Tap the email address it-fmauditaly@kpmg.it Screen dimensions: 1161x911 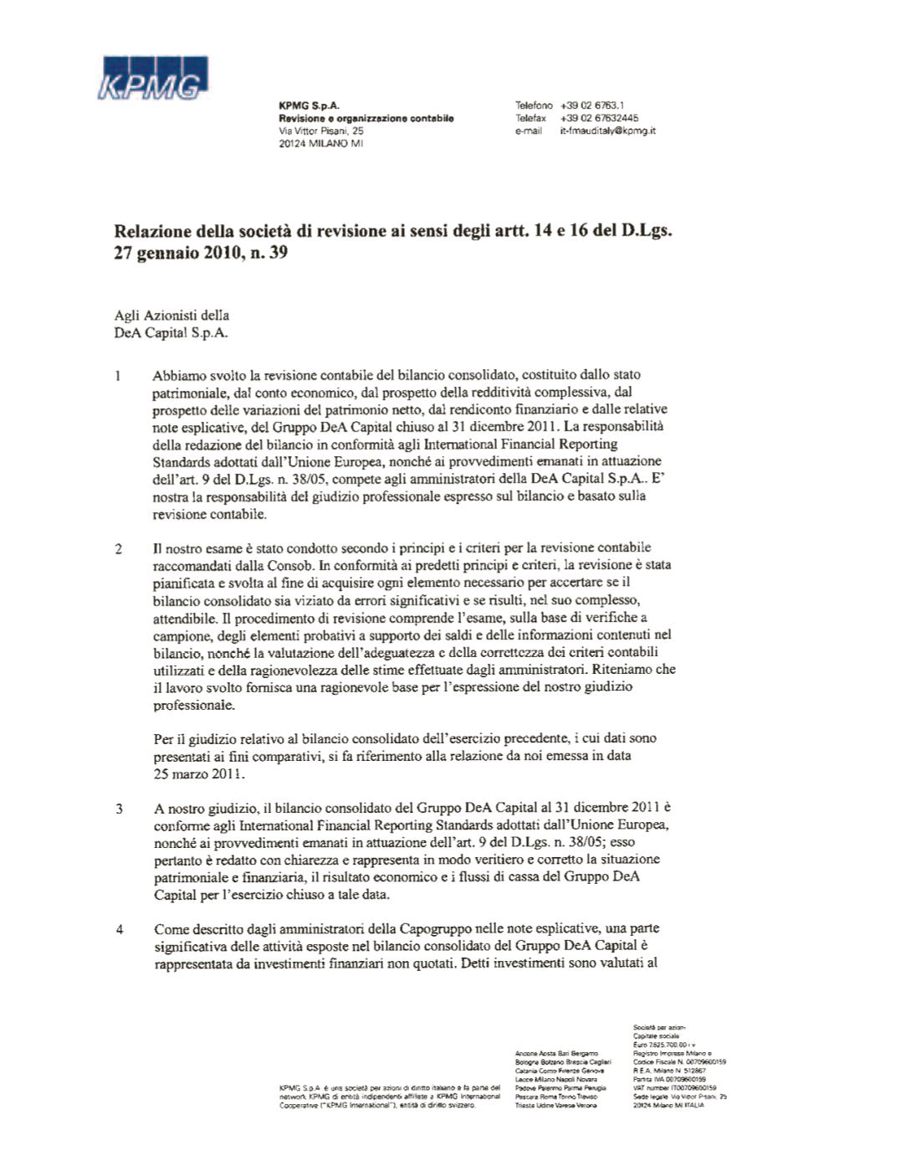coord(607,131)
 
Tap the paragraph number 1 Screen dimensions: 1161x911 coord(118,376)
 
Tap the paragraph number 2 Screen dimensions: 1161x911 coord(119,549)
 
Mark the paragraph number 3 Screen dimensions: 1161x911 coord(119,809)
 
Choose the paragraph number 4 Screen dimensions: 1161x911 coord(119,929)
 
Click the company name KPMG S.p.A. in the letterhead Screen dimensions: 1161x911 coord(309,106)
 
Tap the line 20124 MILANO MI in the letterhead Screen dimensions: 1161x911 coord(320,143)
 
